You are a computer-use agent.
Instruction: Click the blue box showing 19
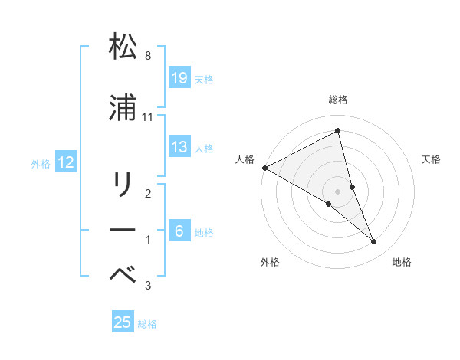(x=179, y=77)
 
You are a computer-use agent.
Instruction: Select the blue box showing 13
(x=179, y=146)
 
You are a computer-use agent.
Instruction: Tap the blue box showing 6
(x=179, y=231)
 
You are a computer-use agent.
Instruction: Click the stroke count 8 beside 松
(x=148, y=56)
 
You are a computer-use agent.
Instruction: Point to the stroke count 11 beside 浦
(x=149, y=117)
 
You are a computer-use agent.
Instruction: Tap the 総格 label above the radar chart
(x=338, y=100)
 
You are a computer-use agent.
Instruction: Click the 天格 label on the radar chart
(x=432, y=159)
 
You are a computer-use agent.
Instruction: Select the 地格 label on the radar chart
(x=402, y=262)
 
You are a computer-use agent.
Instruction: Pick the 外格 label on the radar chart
(x=270, y=262)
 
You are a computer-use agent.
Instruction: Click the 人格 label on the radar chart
(x=245, y=159)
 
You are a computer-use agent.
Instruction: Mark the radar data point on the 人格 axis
(x=264, y=168)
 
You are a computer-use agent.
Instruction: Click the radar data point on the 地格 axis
(x=374, y=242)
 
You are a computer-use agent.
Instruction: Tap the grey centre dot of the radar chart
(x=338, y=191)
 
